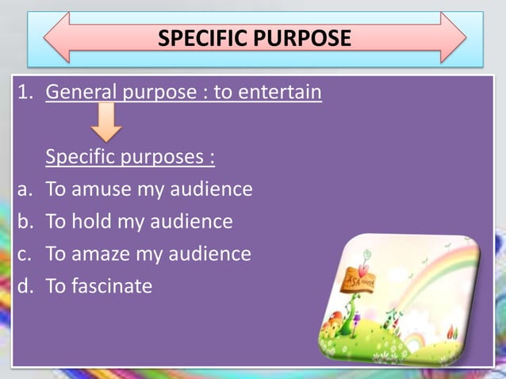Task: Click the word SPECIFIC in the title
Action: tap(201, 38)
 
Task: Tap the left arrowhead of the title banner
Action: tap(57, 37)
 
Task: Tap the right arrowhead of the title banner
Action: tap(453, 37)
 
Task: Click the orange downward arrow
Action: tap(105, 124)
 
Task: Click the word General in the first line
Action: tap(82, 92)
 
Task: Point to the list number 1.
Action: tap(25, 92)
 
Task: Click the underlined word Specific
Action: tap(82, 157)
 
